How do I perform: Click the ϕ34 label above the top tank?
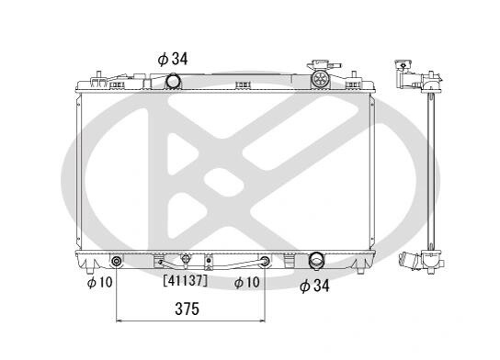click(x=173, y=59)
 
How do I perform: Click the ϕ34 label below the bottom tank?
click(x=314, y=286)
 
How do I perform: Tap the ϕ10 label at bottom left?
click(x=100, y=282)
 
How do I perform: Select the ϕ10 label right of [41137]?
click(x=247, y=282)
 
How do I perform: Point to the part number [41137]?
click(x=186, y=281)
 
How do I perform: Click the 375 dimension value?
click(x=187, y=309)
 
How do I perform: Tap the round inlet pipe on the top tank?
click(x=173, y=81)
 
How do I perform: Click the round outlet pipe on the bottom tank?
click(x=316, y=261)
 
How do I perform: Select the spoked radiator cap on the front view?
click(x=320, y=78)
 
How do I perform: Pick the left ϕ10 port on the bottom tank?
click(x=117, y=262)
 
